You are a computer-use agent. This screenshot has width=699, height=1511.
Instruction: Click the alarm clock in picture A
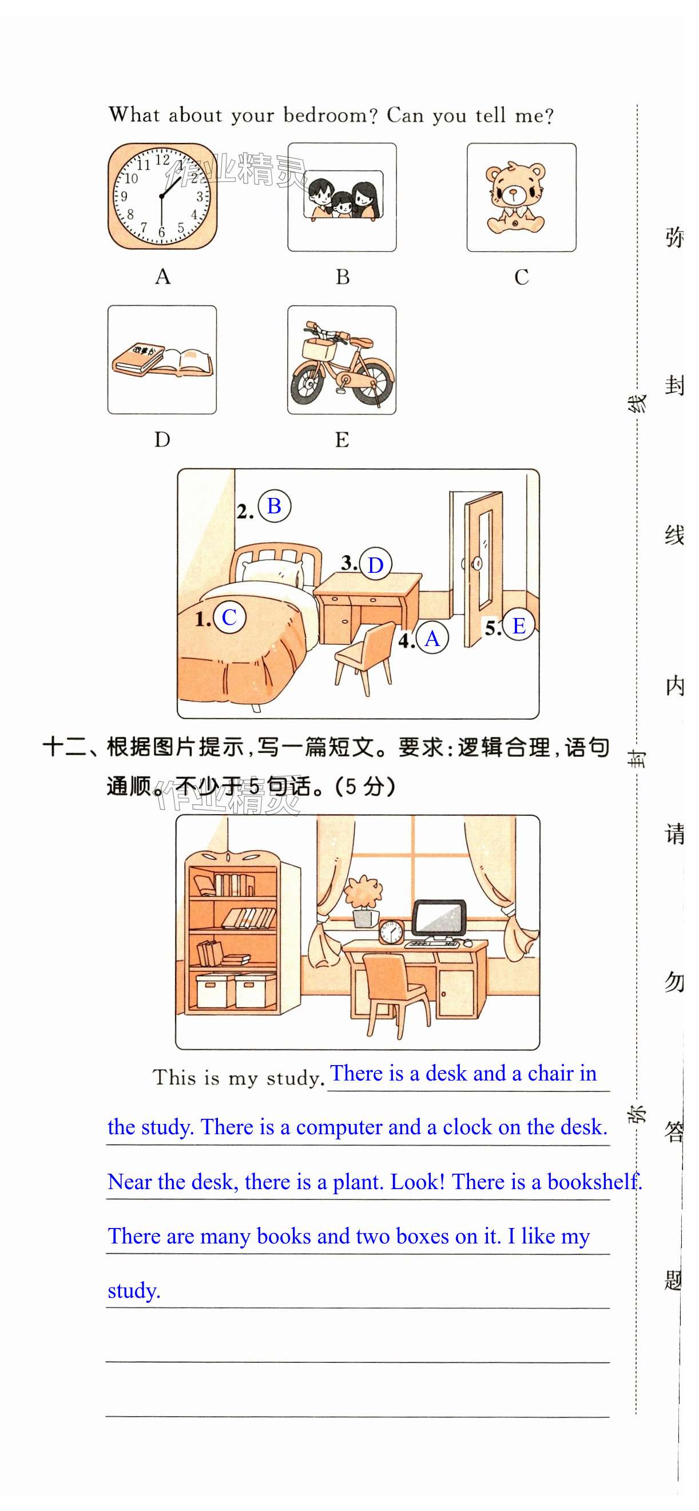click(162, 197)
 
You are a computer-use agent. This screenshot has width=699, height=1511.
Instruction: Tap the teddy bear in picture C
click(515, 198)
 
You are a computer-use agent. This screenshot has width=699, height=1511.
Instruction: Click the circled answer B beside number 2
click(274, 505)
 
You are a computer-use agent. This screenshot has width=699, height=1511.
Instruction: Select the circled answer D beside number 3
click(376, 564)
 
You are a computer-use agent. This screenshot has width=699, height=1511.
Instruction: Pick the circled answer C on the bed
click(229, 617)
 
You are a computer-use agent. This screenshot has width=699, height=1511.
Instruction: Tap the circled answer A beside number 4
click(432, 638)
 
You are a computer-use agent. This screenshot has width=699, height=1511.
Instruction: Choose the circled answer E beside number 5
click(519, 625)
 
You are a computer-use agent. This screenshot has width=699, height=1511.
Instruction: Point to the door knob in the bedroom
click(476, 564)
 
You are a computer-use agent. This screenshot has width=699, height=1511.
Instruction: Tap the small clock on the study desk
click(391, 931)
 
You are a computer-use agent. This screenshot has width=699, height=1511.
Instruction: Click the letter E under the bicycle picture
click(341, 439)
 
